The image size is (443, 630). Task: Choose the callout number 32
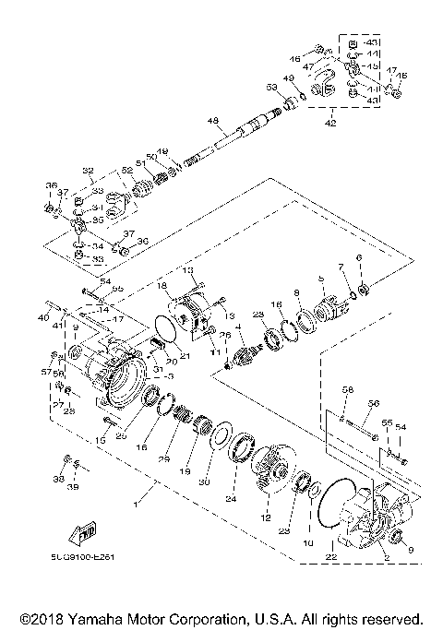[x=89, y=171]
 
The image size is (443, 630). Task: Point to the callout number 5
[x=322, y=278]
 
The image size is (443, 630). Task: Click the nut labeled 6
[x=365, y=291]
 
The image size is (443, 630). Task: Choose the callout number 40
[x=42, y=317]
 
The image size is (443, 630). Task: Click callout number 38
[x=59, y=481]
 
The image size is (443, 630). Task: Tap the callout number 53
[x=271, y=87]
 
